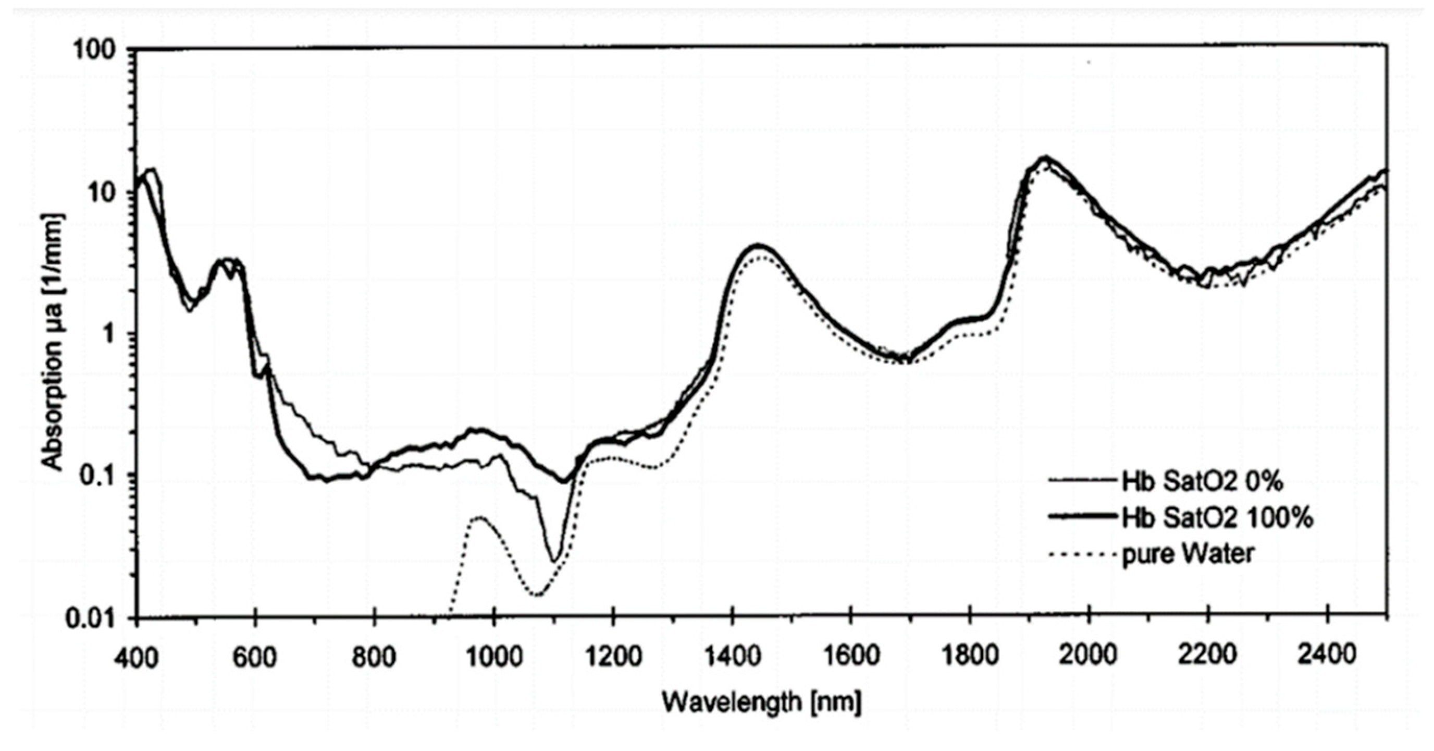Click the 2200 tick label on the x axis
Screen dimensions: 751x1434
click(1208, 656)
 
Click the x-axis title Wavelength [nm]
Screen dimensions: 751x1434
click(761, 703)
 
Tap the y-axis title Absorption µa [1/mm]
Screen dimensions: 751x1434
click(54, 343)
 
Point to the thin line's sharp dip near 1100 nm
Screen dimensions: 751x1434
click(553, 560)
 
